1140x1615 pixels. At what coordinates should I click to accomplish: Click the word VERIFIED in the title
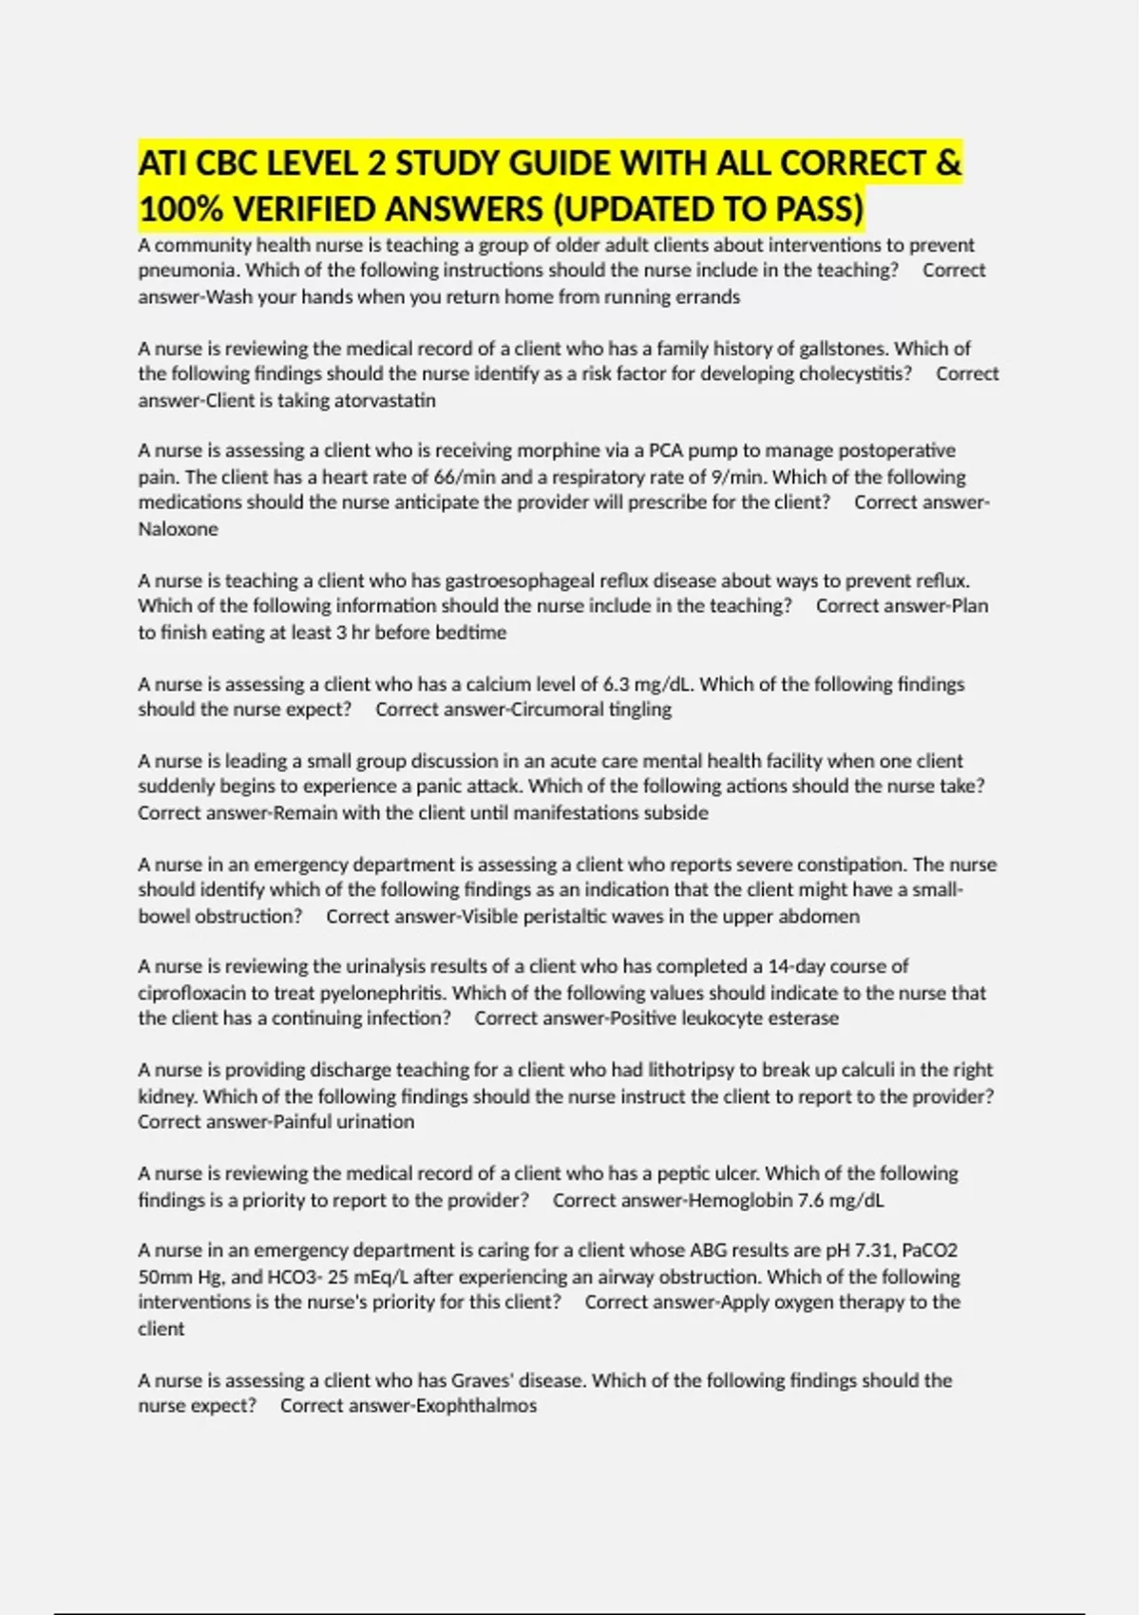coord(316,208)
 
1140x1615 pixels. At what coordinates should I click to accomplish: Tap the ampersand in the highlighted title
coord(948,162)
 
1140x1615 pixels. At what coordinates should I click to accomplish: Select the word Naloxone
coord(179,529)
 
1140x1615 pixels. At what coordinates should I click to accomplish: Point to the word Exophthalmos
coord(474,1406)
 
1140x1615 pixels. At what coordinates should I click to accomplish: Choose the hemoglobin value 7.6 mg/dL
coord(840,1200)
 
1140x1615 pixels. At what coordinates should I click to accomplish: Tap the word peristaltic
coord(564,917)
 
